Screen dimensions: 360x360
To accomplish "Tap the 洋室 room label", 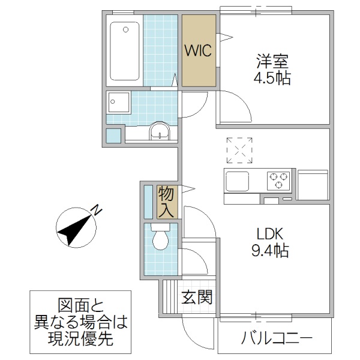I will coord(274,62).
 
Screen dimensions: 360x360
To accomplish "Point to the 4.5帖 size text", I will coord(274,78).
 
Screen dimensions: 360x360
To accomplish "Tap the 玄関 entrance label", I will coord(197,296).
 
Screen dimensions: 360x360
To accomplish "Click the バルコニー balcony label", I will coord(277,338).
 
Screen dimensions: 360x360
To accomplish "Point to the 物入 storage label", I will coord(166,202).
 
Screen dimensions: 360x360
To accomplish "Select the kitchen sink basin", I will coord(238,179).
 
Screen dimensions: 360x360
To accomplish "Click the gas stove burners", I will coord(278,179).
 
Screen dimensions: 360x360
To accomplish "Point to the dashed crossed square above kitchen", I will coord(241,150).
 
